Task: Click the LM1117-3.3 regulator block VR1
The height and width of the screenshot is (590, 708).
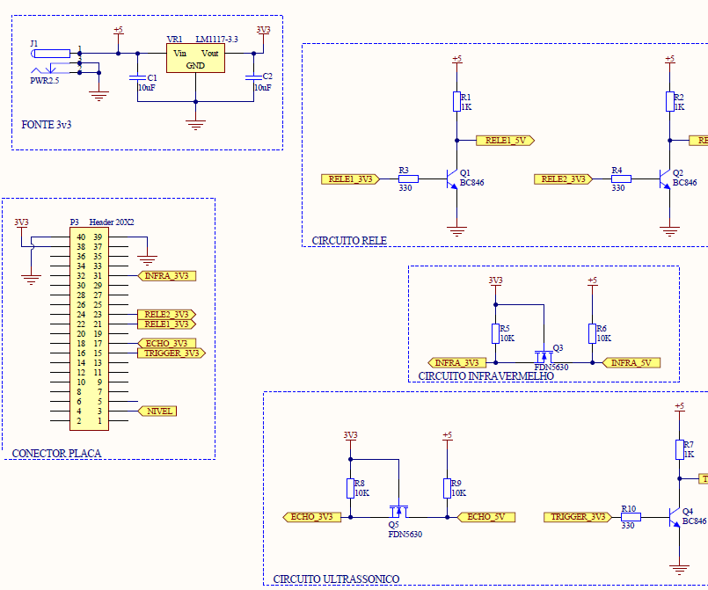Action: pyautogui.click(x=195, y=59)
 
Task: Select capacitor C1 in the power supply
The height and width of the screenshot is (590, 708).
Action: pyautogui.click(x=137, y=78)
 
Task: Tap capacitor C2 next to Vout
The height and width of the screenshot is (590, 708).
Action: pyautogui.click(x=253, y=78)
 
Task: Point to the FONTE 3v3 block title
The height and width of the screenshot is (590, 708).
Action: pyautogui.click(x=46, y=125)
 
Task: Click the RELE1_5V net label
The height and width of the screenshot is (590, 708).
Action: pyautogui.click(x=505, y=140)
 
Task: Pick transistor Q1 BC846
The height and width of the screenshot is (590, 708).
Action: pyautogui.click(x=452, y=178)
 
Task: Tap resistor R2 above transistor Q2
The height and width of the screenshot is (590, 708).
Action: pyautogui.click(x=669, y=101)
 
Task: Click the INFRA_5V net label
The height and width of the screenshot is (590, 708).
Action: pyautogui.click(x=631, y=362)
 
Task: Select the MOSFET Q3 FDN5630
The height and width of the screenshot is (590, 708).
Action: pyautogui.click(x=544, y=356)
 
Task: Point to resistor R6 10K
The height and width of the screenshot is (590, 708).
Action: pyautogui.click(x=592, y=333)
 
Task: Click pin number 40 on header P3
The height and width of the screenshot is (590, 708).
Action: pyautogui.click(x=81, y=237)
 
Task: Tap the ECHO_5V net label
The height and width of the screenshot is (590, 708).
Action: pyautogui.click(x=485, y=517)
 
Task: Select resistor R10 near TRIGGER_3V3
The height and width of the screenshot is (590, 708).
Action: pyautogui.click(x=630, y=517)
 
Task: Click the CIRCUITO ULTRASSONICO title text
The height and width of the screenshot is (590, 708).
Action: pyautogui.click(x=336, y=579)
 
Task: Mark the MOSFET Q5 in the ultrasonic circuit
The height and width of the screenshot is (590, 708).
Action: pyautogui.click(x=398, y=512)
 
